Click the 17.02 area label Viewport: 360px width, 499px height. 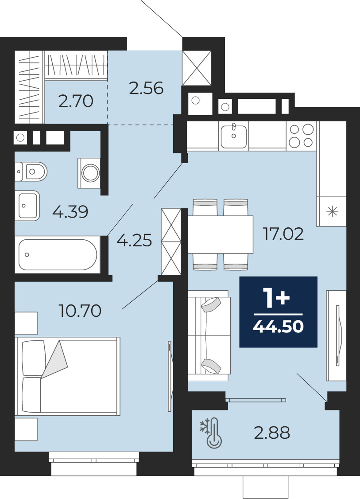(283, 234)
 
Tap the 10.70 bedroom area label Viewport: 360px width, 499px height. (80, 311)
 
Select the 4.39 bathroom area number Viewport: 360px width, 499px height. (70, 212)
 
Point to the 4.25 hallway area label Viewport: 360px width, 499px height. (134, 240)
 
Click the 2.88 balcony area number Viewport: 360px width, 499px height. (272, 433)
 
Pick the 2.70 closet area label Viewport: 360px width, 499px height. (76, 101)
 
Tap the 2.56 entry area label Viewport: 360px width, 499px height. (146, 88)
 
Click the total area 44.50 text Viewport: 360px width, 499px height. (278, 327)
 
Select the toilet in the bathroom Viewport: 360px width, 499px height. (31, 172)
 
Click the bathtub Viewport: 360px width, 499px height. (58, 254)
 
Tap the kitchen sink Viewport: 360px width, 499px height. (234, 136)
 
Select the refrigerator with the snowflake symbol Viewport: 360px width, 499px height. (331, 211)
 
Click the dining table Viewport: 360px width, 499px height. (221, 234)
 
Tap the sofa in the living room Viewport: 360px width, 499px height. (209, 335)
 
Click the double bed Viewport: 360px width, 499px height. (68, 376)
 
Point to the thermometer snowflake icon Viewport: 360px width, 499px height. (211, 433)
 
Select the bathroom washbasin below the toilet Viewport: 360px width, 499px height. (27, 206)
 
